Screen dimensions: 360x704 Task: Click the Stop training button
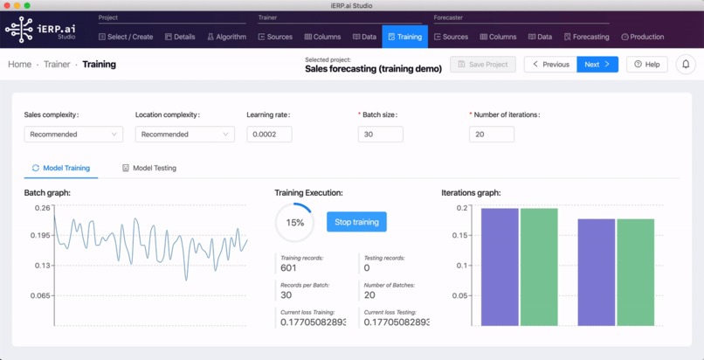click(356, 222)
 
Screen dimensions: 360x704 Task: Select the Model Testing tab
click(148, 168)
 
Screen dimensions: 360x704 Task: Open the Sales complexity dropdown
click(73, 135)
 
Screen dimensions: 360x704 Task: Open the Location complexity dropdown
click(184, 135)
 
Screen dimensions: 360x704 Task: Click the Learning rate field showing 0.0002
click(269, 135)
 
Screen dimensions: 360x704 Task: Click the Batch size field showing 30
click(380, 135)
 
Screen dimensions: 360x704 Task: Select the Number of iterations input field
click(491, 135)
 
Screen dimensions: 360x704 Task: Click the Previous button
click(550, 64)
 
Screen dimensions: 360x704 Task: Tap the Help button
click(647, 64)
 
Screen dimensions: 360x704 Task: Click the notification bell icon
click(686, 64)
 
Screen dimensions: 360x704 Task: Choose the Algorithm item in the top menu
click(226, 37)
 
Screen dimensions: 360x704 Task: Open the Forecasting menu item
click(586, 37)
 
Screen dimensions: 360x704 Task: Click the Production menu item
click(642, 37)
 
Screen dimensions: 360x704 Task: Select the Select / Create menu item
click(126, 37)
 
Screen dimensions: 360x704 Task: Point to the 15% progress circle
click(294, 223)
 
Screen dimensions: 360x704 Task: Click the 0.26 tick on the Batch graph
click(42, 208)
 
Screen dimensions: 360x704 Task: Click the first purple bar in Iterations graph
click(500, 267)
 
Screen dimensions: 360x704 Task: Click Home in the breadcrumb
click(19, 64)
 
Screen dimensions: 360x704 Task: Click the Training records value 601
click(289, 268)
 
